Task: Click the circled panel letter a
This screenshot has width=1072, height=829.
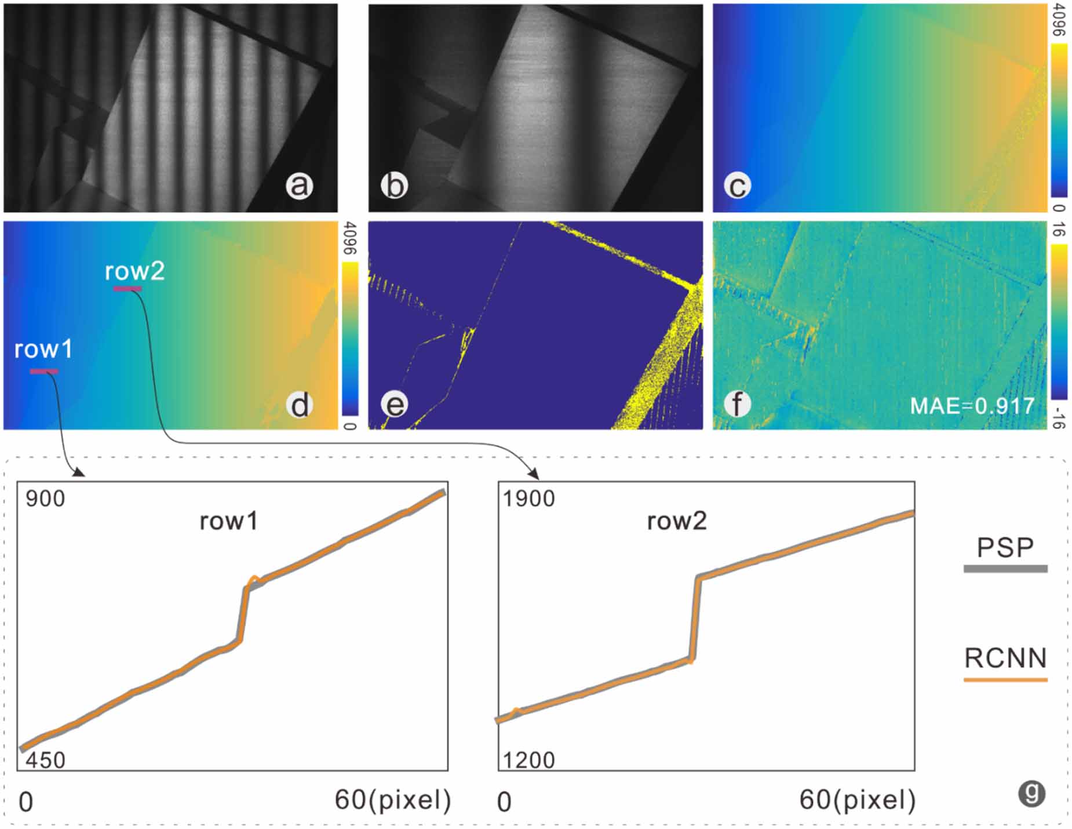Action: tap(299, 186)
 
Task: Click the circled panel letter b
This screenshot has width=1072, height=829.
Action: tap(394, 186)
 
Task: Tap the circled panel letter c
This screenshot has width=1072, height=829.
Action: tap(737, 186)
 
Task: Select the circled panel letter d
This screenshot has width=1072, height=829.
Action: tap(300, 405)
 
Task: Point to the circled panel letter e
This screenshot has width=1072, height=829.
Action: tap(395, 405)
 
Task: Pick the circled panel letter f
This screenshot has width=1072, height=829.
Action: tap(737, 405)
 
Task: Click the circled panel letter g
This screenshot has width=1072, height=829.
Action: tap(1031, 793)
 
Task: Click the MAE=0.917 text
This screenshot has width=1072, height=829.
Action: tap(972, 406)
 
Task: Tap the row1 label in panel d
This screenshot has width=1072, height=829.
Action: tap(43, 350)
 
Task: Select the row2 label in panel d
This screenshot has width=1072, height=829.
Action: tap(134, 271)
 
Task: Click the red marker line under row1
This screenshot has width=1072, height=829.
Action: tap(43, 371)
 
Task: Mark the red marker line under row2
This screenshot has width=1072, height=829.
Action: tap(127, 288)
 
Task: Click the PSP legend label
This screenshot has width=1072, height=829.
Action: tap(1005, 548)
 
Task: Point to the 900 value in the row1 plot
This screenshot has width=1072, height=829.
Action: tap(45, 499)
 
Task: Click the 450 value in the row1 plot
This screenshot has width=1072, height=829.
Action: tap(45, 759)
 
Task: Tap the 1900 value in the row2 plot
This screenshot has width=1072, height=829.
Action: tap(528, 499)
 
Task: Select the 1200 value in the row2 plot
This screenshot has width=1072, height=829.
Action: tap(528, 759)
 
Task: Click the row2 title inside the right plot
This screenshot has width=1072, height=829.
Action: tap(677, 521)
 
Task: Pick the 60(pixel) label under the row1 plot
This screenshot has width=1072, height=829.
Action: tap(392, 800)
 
